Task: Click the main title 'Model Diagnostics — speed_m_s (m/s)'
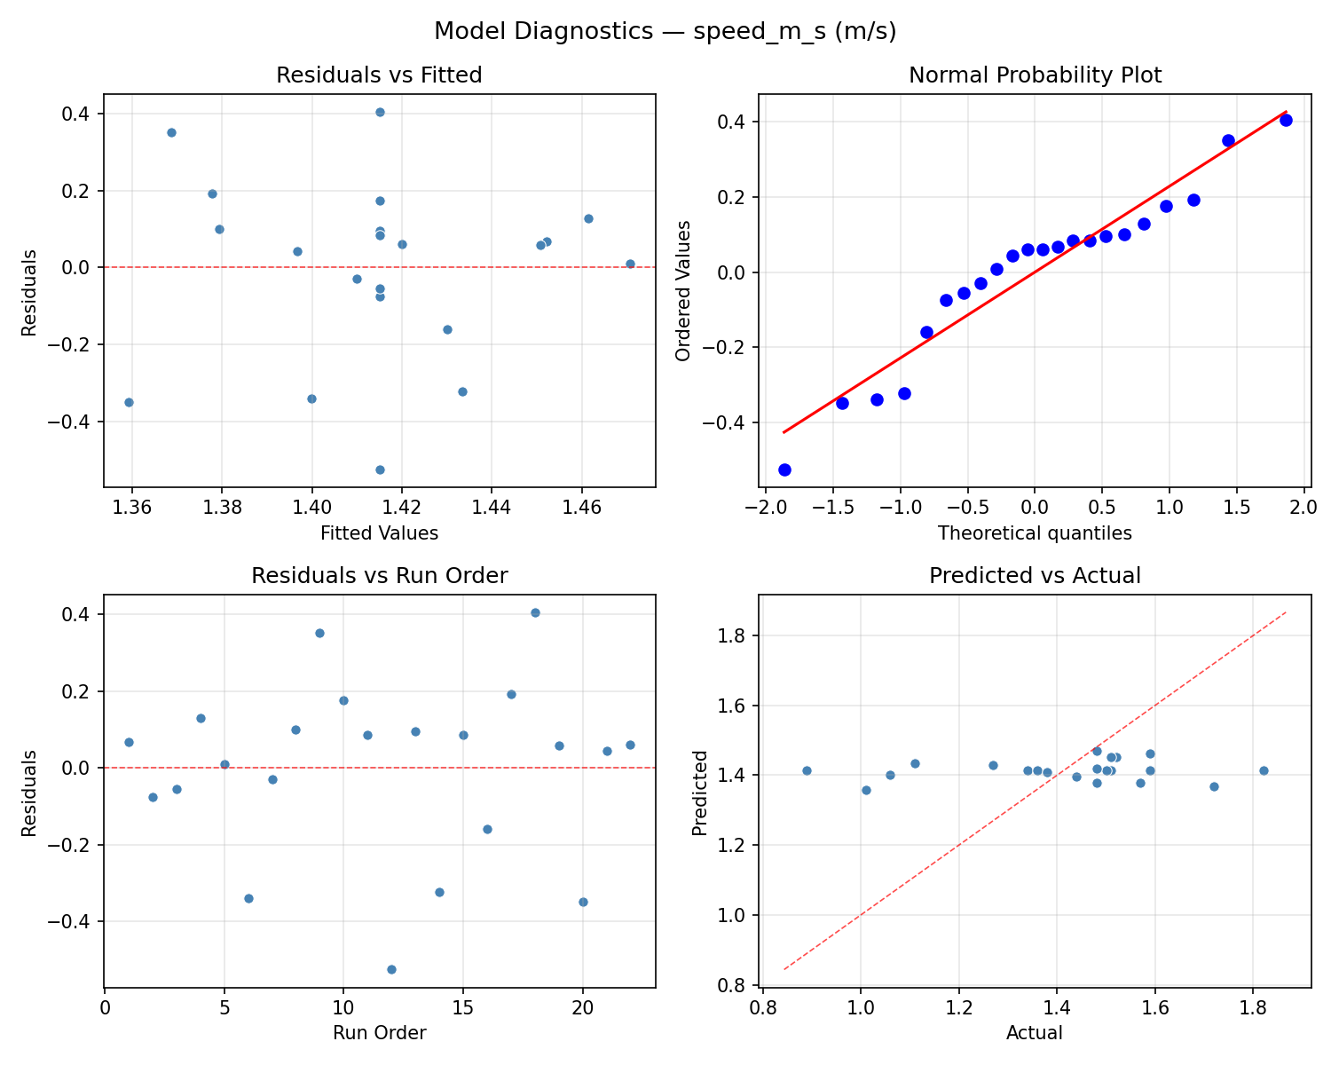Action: click(665, 32)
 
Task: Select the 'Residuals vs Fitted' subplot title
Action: click(379, 75)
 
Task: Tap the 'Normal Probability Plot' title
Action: click(1035, 75)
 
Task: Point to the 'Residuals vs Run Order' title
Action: click(379, 576)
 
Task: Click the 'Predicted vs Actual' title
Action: click(1035, 576)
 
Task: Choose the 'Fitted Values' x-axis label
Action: click(379, 533)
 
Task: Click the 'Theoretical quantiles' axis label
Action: click(1035, 533)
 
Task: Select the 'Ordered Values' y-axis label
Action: click(682, 290)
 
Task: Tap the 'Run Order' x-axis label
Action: click(379, 1033)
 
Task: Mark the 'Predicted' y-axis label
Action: click(700, 793)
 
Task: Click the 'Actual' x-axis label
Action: click(1035, 1033)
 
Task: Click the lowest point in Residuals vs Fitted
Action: click(380, 469)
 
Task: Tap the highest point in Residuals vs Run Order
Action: click(535, 612)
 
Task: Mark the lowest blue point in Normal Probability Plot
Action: click(784, 469)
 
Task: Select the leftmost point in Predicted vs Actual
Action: click(807, 770)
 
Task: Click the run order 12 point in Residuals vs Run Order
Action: click(391, 969)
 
